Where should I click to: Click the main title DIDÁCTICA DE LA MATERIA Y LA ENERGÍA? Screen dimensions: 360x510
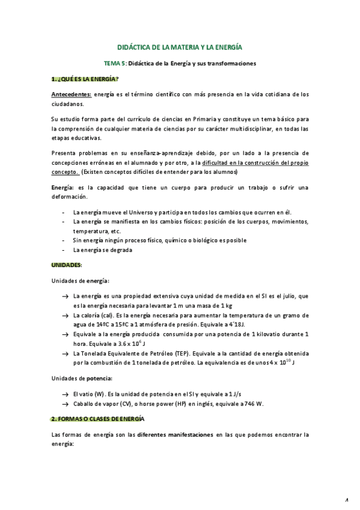[x=180, y=46]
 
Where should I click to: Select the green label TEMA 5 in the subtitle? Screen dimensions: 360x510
[x=114, y=63]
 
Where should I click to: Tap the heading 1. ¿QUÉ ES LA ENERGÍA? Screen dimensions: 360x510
[x=85, y=79]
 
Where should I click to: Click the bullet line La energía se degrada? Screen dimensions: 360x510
[x=103, y=250]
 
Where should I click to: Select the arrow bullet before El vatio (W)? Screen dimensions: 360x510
[x=64, y=393]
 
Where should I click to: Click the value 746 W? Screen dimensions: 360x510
[x=255, y=403]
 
